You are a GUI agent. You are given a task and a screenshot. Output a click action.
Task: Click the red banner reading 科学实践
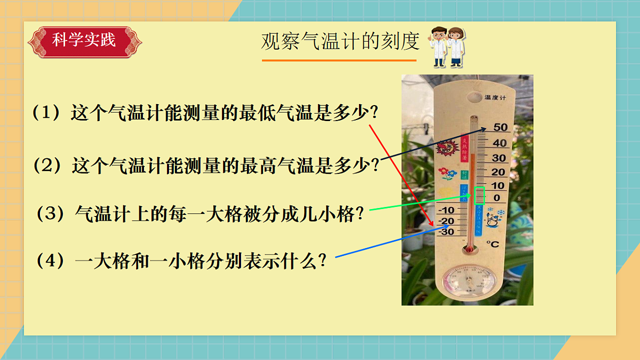click(x=84, y=41)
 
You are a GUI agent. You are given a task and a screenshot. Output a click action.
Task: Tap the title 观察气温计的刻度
click(x=340, y=42)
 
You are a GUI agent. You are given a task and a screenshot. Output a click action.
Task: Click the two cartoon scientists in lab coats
click(x=447, y=46)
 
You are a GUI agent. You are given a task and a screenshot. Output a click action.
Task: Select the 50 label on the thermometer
click(x=500, y=127)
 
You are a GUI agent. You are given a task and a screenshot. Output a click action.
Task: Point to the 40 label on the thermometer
click(x=499, y=143)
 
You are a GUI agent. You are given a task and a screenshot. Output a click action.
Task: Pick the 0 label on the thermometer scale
click(x=497, y=198)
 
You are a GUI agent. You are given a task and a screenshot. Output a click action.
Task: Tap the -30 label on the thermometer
click(x=446, y=231)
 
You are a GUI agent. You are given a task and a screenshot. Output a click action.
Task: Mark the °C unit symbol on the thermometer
click(x=492, y=244)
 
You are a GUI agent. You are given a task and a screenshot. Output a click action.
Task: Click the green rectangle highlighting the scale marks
click(x=479, y=196)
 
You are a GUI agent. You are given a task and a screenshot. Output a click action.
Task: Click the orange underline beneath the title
click(x=339, y=60)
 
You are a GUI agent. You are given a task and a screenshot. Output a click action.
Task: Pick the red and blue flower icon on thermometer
click(x=446, y=174)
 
